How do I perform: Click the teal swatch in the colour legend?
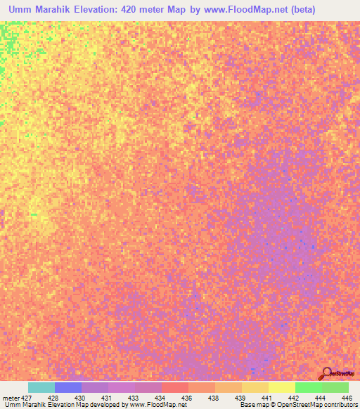point(41,387)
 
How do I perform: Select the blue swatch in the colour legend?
point(68,387)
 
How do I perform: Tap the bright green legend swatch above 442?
point(309,387)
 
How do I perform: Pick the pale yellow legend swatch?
point(282,387)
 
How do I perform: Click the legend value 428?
point(54,398)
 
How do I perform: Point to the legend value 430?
point(81,398)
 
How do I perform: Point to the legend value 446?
point(347,398)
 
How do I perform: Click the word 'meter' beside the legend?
point(11,398)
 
